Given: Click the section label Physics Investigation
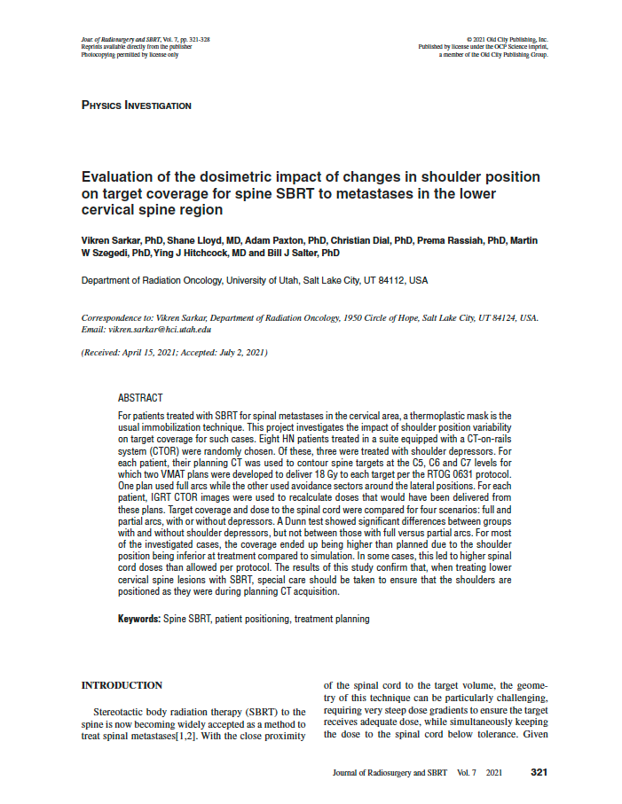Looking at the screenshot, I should [x=136, y=105].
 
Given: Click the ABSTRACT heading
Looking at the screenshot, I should [x=140, y=398].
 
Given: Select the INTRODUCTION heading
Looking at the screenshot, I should [x=122, y=685].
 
